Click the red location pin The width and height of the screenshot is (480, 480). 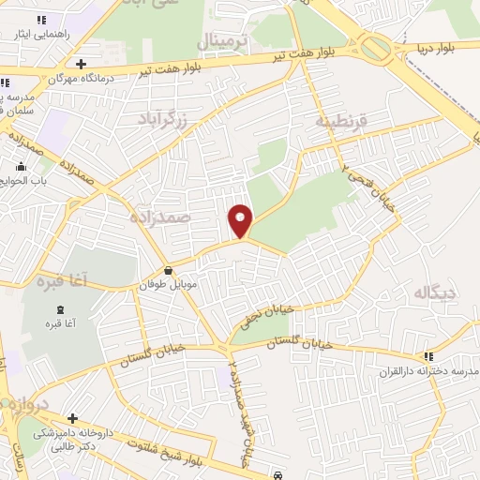click(x=241, y=219)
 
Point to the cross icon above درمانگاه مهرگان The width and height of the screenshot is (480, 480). click(x=82, y=65)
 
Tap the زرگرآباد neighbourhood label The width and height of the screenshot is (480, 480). click(x=162, y=119)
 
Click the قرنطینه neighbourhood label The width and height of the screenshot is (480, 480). click(x=337, y=121)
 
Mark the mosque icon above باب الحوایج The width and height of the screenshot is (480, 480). click(x=22, y=166)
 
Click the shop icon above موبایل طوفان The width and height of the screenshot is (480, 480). click(x=167, y=271)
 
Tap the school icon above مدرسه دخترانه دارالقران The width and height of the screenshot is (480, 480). click(x=428, y=356)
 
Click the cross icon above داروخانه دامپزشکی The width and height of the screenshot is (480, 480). click(x=72, y=418)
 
